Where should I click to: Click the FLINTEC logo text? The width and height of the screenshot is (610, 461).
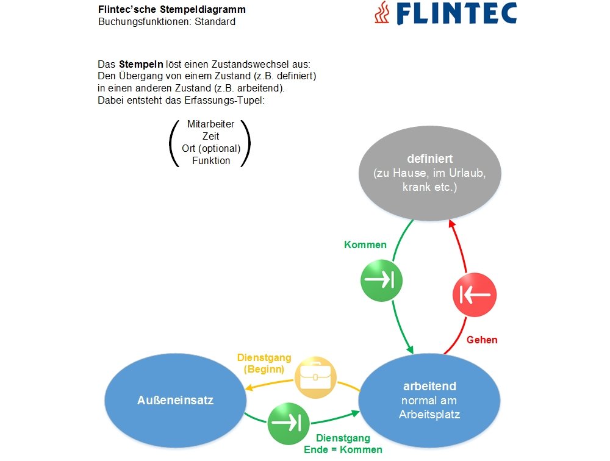[x=457, y=13]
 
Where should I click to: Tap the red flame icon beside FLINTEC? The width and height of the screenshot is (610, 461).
[x=382, y=13]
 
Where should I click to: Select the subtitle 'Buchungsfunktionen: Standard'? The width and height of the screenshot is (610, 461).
[x=167, y=22]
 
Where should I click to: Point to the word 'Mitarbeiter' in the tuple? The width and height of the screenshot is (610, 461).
[x=211, y=124]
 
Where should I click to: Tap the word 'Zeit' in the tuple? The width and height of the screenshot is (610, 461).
[x=211, y=136]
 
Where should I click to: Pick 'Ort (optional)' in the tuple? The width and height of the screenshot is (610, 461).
[x=211, y=148]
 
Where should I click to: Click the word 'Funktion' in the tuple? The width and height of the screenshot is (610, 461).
[x=211, y=160]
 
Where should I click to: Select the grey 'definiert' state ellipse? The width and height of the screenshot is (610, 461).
[x=429, y=173]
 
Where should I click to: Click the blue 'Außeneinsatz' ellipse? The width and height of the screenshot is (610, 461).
[x=174, y=400]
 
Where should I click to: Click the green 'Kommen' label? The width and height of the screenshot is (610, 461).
[x=365, y=245]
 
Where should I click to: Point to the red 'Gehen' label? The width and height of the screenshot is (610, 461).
[x=482, y=340]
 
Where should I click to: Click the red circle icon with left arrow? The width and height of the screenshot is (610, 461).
[x=475, y=295]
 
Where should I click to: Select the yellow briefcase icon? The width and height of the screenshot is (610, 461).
[x=315, y=376]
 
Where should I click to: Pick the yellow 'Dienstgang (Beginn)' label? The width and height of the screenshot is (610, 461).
[x=264, y=363]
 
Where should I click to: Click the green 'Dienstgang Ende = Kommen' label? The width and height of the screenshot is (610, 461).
[x=343, y=443]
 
